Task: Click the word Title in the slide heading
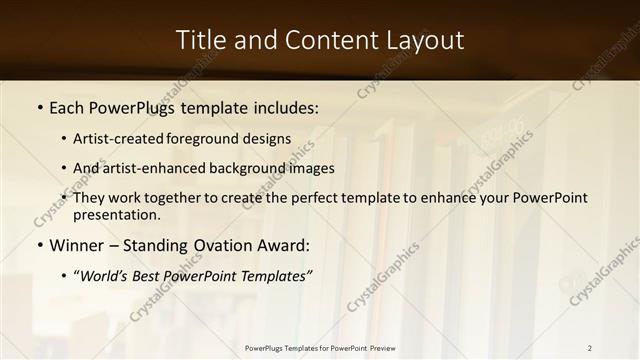pyautogui.click(x=201, y=40)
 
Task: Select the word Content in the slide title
pyautogui.click(x=322, y=40)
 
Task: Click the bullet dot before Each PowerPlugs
pyautogui.click(x=39, y=105)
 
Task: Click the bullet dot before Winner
pyautogui.click(x=39, y=245)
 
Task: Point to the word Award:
pyautogui.click(x=284, y=245)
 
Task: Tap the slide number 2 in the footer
pyautogui.click(x=590, y=348)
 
